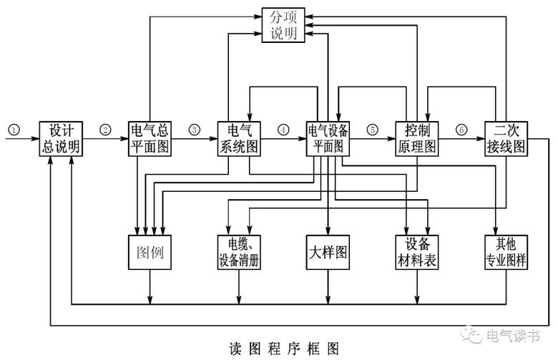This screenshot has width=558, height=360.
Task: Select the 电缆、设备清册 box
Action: click(x=239, y=253)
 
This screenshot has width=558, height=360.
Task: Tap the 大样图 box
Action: click(x=328, y=253)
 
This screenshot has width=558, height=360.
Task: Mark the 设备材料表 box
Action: click(x=416, y=253)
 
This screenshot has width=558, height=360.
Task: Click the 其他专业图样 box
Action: click(x=506, y=253)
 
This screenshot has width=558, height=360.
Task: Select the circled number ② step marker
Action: click(x=106, y=130)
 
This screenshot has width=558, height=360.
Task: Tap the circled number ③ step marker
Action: click(x=195, y=130)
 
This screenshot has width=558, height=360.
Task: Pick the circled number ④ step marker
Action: click(x=283, y=130)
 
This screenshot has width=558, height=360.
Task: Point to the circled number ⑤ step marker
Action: click(x=372, y=130)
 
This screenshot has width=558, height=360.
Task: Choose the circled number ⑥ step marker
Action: click(x=461, y=130)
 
